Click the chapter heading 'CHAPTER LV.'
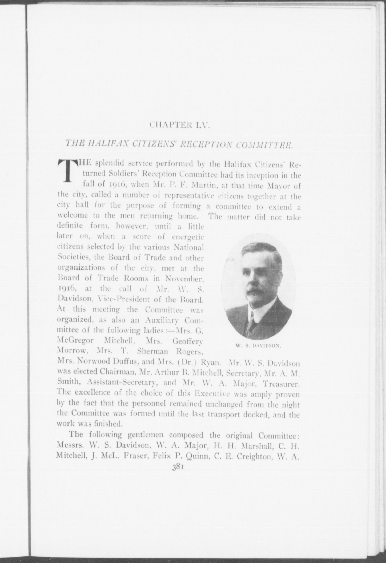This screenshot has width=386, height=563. [180, 125]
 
